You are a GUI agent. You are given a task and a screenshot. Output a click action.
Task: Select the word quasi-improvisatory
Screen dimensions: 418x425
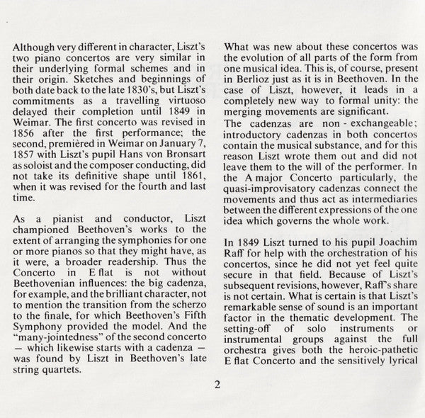273,200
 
